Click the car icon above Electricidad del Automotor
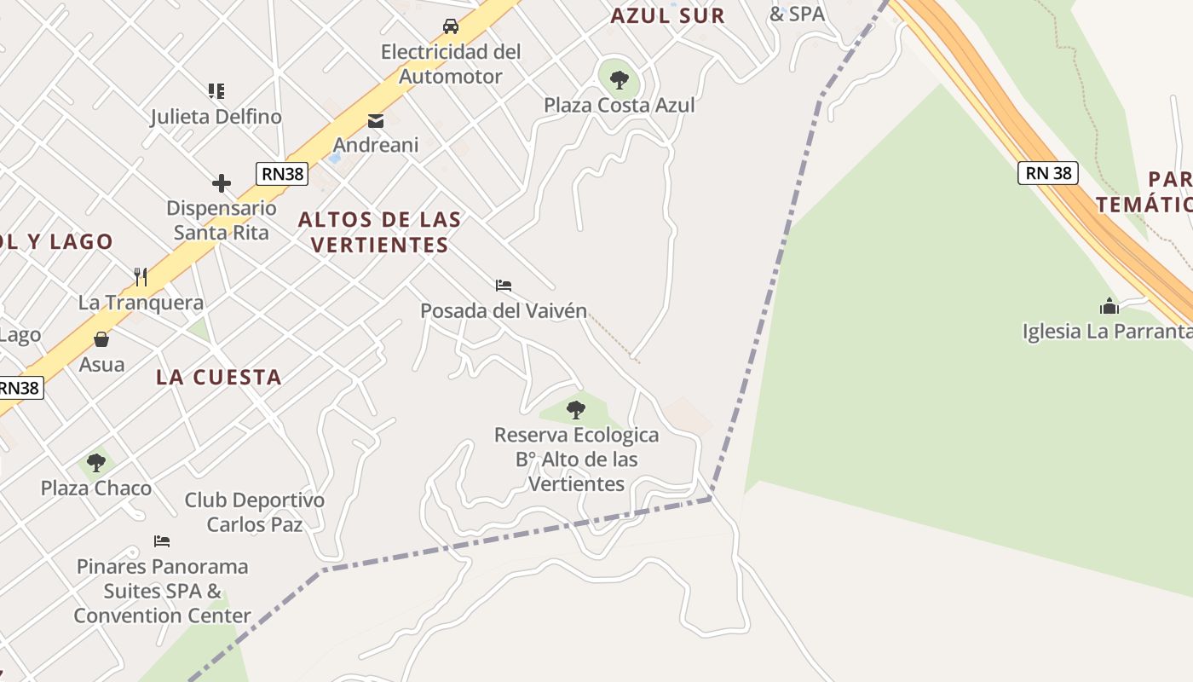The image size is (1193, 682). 451,26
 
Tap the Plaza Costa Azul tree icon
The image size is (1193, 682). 620,80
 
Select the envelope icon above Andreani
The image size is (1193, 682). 376,121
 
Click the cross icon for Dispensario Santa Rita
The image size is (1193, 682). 222,183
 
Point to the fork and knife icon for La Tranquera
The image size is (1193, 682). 141,277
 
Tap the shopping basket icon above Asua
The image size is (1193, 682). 101,339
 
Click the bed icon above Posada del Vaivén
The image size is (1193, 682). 504,286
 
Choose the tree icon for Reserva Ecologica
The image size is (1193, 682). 576,410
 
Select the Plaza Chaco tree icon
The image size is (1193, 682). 96,463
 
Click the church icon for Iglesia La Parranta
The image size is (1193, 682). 1109,305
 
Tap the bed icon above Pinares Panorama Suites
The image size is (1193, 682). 162,540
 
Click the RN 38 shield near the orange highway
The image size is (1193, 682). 1048,174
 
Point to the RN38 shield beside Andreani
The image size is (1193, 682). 282,174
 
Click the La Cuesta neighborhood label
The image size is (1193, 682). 219,377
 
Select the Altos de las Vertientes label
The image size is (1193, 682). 379,232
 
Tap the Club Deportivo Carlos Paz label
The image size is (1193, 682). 255,512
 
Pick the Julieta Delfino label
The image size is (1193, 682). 216,117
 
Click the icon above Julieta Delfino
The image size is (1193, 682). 216,90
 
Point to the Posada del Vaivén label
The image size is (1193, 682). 504,311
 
